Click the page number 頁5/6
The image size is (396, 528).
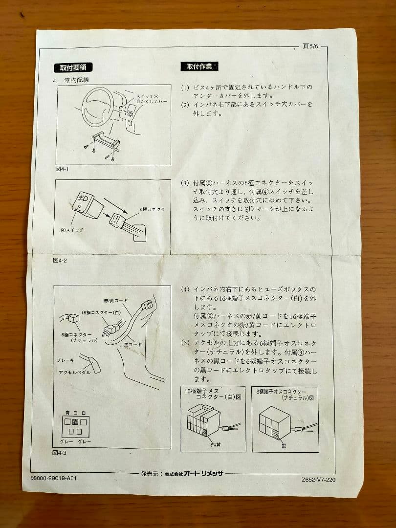click(x=310, y=46)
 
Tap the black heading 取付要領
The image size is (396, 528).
click(x=73, y=67)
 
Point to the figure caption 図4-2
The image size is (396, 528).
click(x=60, y=260)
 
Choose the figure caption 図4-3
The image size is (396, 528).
click(x=60, y=453)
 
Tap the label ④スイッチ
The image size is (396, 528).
click(x=72, y=230)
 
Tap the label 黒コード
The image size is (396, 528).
click(x=132, y=344)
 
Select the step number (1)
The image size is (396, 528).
click(x=185, y=88)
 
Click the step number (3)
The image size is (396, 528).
click(x=185, y=183)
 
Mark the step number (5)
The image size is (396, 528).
click(x=185, y=343)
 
